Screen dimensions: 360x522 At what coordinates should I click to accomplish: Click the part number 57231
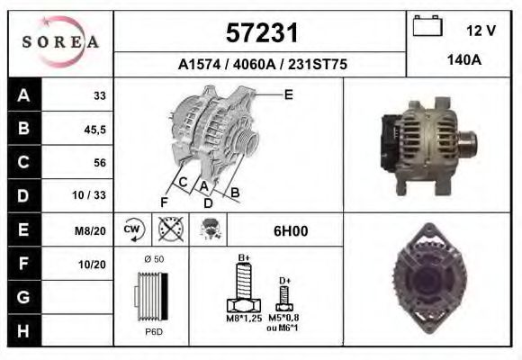tap(260, 34)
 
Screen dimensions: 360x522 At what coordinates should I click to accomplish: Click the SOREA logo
tap(60, 42)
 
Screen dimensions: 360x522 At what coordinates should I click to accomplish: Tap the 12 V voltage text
tap(481, 31)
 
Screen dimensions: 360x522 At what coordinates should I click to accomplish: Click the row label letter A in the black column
tap(23, 95)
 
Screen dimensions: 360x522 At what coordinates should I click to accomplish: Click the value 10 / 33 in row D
tap(94, 196)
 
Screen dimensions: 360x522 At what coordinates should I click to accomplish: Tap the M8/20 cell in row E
tap(94, 230)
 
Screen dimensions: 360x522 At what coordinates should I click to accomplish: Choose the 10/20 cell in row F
tap(94, 264)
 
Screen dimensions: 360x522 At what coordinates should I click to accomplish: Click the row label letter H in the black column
tap(23, 331)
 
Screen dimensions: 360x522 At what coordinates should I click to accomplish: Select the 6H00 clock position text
tap(291, 230)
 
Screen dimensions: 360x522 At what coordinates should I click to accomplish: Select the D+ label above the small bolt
tap(284, 281)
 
